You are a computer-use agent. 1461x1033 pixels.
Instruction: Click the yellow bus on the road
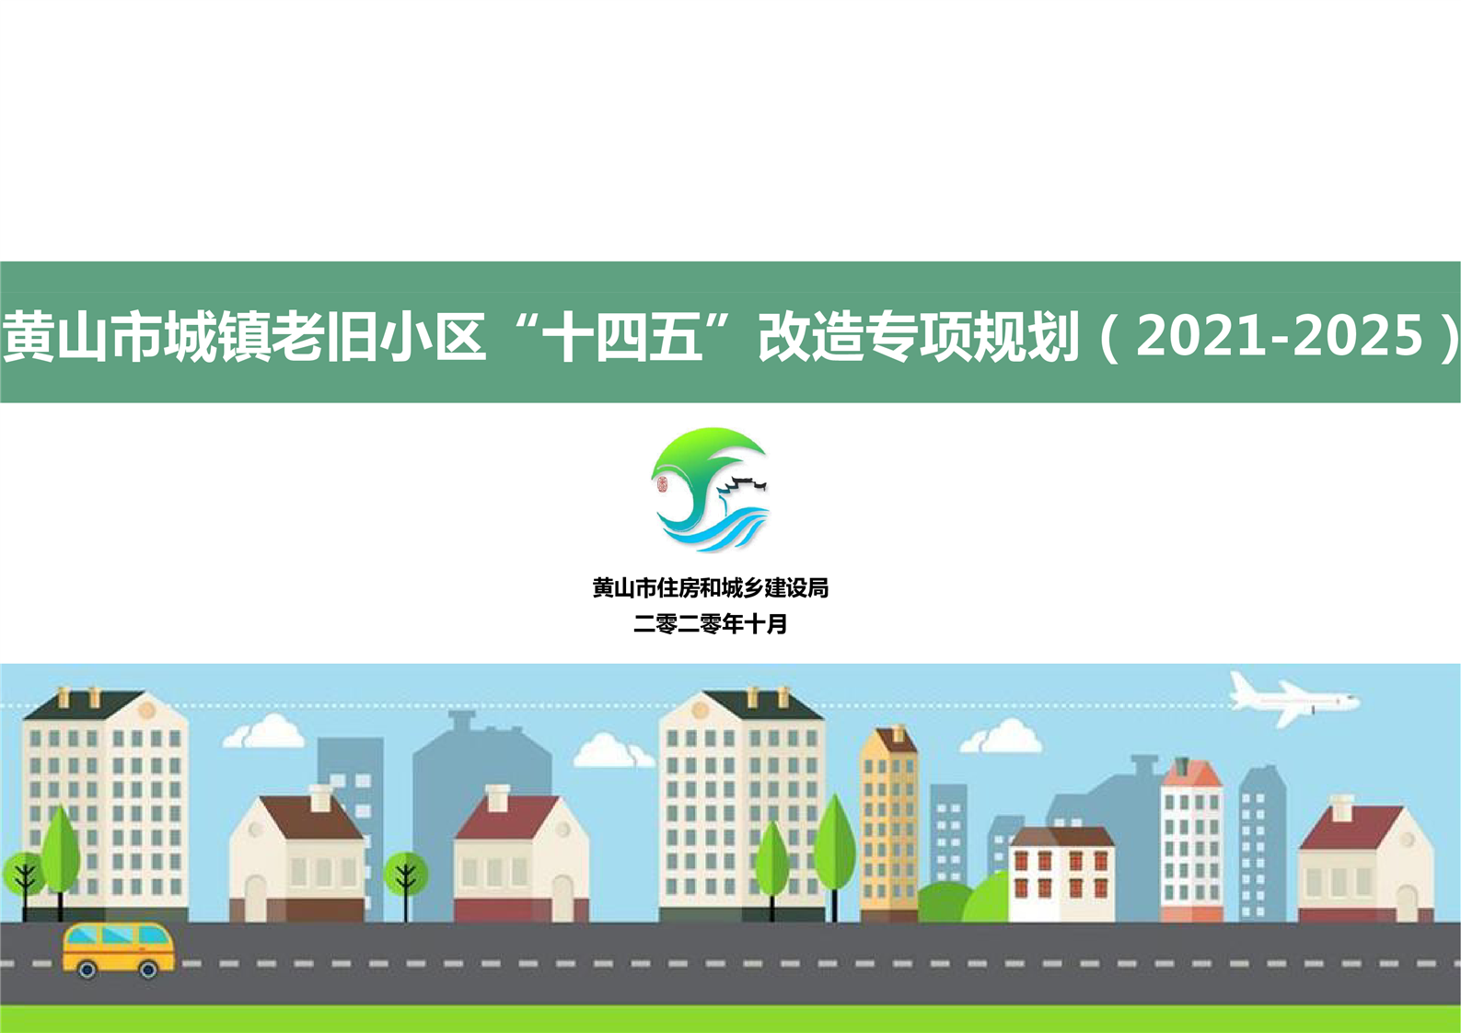point(119,950)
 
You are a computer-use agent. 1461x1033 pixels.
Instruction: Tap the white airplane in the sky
point(1294,700)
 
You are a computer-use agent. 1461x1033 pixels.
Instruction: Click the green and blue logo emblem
point(711,490)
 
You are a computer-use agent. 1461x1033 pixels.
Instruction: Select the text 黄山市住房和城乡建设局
point(711,587)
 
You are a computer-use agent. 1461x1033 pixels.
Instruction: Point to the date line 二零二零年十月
point(711,624)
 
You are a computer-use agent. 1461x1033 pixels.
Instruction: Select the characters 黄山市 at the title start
point(83,337)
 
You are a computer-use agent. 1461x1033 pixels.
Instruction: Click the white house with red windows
point(1061,874)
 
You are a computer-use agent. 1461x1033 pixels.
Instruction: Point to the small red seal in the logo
point(662,484)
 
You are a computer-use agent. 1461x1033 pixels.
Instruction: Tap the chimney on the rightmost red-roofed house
point(1341,808)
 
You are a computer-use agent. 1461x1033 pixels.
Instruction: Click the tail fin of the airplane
point(1243,685)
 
